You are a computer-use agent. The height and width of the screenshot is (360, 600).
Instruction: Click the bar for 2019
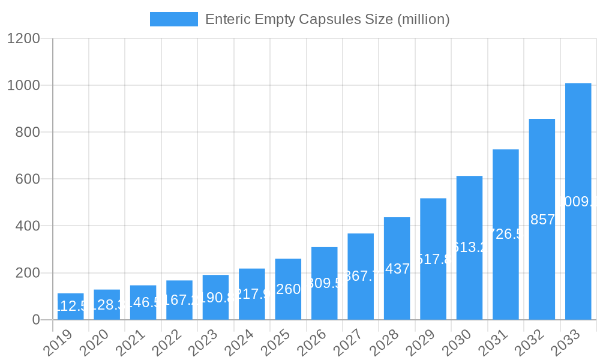pyautogui.click(x=71, y=307)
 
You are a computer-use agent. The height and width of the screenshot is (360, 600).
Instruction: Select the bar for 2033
pyautogui.click(x=578, y=201)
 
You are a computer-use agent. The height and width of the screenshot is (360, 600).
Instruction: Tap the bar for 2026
pyautogui.click(x=324, y=283)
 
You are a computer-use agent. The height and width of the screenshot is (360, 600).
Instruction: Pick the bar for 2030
pyautogui.click(x=469, y=247)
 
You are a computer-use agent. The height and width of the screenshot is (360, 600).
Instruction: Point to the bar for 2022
pyautogui.click(x=179, y=300)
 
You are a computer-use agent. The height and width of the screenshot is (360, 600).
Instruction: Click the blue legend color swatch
pyautogui.click(x=173, y=19)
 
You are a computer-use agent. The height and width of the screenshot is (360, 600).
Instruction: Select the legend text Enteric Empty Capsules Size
pyautogui.click(x=327, y=19)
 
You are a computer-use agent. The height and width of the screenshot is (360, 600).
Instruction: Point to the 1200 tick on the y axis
pyautogui.click(x=23, y=39)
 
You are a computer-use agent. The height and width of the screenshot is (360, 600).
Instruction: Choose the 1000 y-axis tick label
pyautogui.click(x=23, y=86)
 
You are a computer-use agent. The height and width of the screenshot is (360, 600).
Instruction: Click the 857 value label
pyautogui.click(x=542, y=220)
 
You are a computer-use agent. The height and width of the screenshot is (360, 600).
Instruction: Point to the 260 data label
pyautogui.click(x=288, y=289)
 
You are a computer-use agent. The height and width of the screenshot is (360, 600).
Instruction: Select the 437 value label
pyautogui.click(x=397, y=269)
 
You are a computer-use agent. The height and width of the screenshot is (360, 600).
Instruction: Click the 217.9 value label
pyautogui.click(x=253, y=295)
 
